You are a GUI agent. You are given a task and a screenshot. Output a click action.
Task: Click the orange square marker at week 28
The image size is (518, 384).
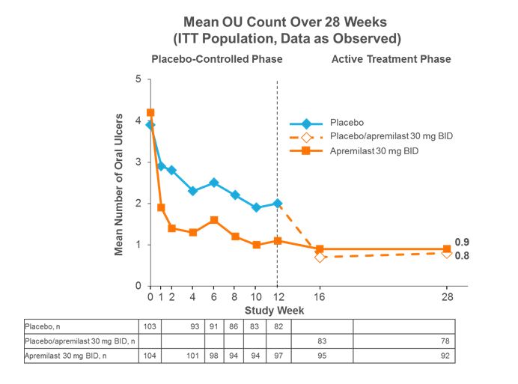447,249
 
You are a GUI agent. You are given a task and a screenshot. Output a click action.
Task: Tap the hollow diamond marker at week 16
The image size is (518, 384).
320,257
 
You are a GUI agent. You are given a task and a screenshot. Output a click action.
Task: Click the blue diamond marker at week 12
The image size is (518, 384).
278,203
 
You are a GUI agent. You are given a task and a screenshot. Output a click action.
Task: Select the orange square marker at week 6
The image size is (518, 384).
214,220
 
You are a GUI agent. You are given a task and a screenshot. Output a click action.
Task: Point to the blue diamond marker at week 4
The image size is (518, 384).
193,191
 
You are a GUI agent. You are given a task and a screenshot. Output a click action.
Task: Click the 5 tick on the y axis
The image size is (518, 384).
138,79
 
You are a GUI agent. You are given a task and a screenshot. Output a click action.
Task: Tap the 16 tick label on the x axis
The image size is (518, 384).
320,298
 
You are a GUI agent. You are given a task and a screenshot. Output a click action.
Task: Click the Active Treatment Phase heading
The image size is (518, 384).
391,58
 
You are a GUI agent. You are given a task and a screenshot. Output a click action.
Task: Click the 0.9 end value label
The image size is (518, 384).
462,242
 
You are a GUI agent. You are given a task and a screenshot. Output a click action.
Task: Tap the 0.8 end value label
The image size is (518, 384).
462,256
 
